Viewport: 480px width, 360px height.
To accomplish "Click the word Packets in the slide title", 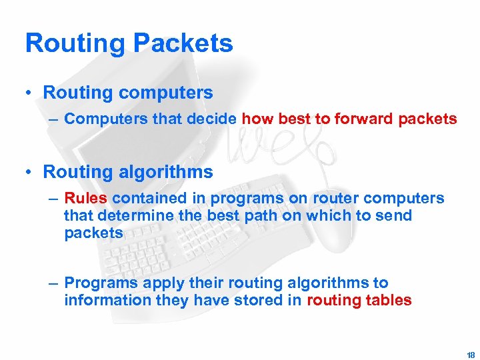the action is (x=183, y=43).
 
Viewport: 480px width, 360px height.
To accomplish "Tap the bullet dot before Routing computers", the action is (x=29, y=93).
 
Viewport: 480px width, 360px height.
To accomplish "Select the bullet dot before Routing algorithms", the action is (x=29, y=172).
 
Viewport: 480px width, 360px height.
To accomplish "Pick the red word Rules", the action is (x=86, y=198).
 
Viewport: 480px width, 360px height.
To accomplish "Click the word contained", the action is (x=150, y=198).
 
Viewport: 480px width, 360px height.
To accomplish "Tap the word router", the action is (x=335, y=199).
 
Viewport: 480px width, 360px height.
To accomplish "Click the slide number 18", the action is (x=471, y=355).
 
